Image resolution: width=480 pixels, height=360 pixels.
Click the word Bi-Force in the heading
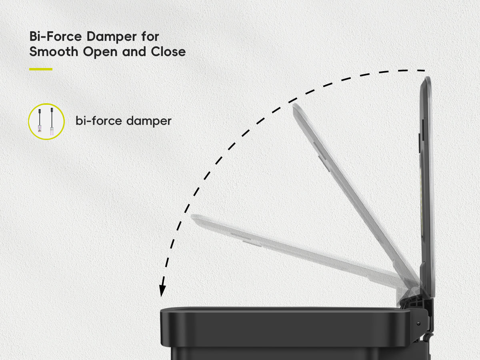click(x=56, y=36)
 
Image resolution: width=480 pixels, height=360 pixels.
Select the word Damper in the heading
click(x=112, y=36)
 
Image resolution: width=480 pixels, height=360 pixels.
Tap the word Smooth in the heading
click(x=54, y=52)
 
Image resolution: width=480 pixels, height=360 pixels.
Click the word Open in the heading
click(x=100, y=52)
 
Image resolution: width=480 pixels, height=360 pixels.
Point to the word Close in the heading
click(x=168, y=52)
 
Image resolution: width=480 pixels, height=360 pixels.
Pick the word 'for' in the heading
click(x=150, y=36)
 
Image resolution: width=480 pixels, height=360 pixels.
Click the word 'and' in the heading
click(x=134, y=52)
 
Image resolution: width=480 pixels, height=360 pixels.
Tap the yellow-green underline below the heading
click(x=41, y=69)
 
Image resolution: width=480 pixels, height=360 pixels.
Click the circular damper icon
click(x=46, y=122)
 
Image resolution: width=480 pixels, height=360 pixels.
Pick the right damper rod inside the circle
click(x=52, y=122)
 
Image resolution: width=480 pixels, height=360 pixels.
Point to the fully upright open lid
click(x=427, y=186)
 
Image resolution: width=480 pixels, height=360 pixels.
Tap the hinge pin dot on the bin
click(x=418, y=323)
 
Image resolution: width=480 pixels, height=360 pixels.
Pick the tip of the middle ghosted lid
click(x=294, y=104)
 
